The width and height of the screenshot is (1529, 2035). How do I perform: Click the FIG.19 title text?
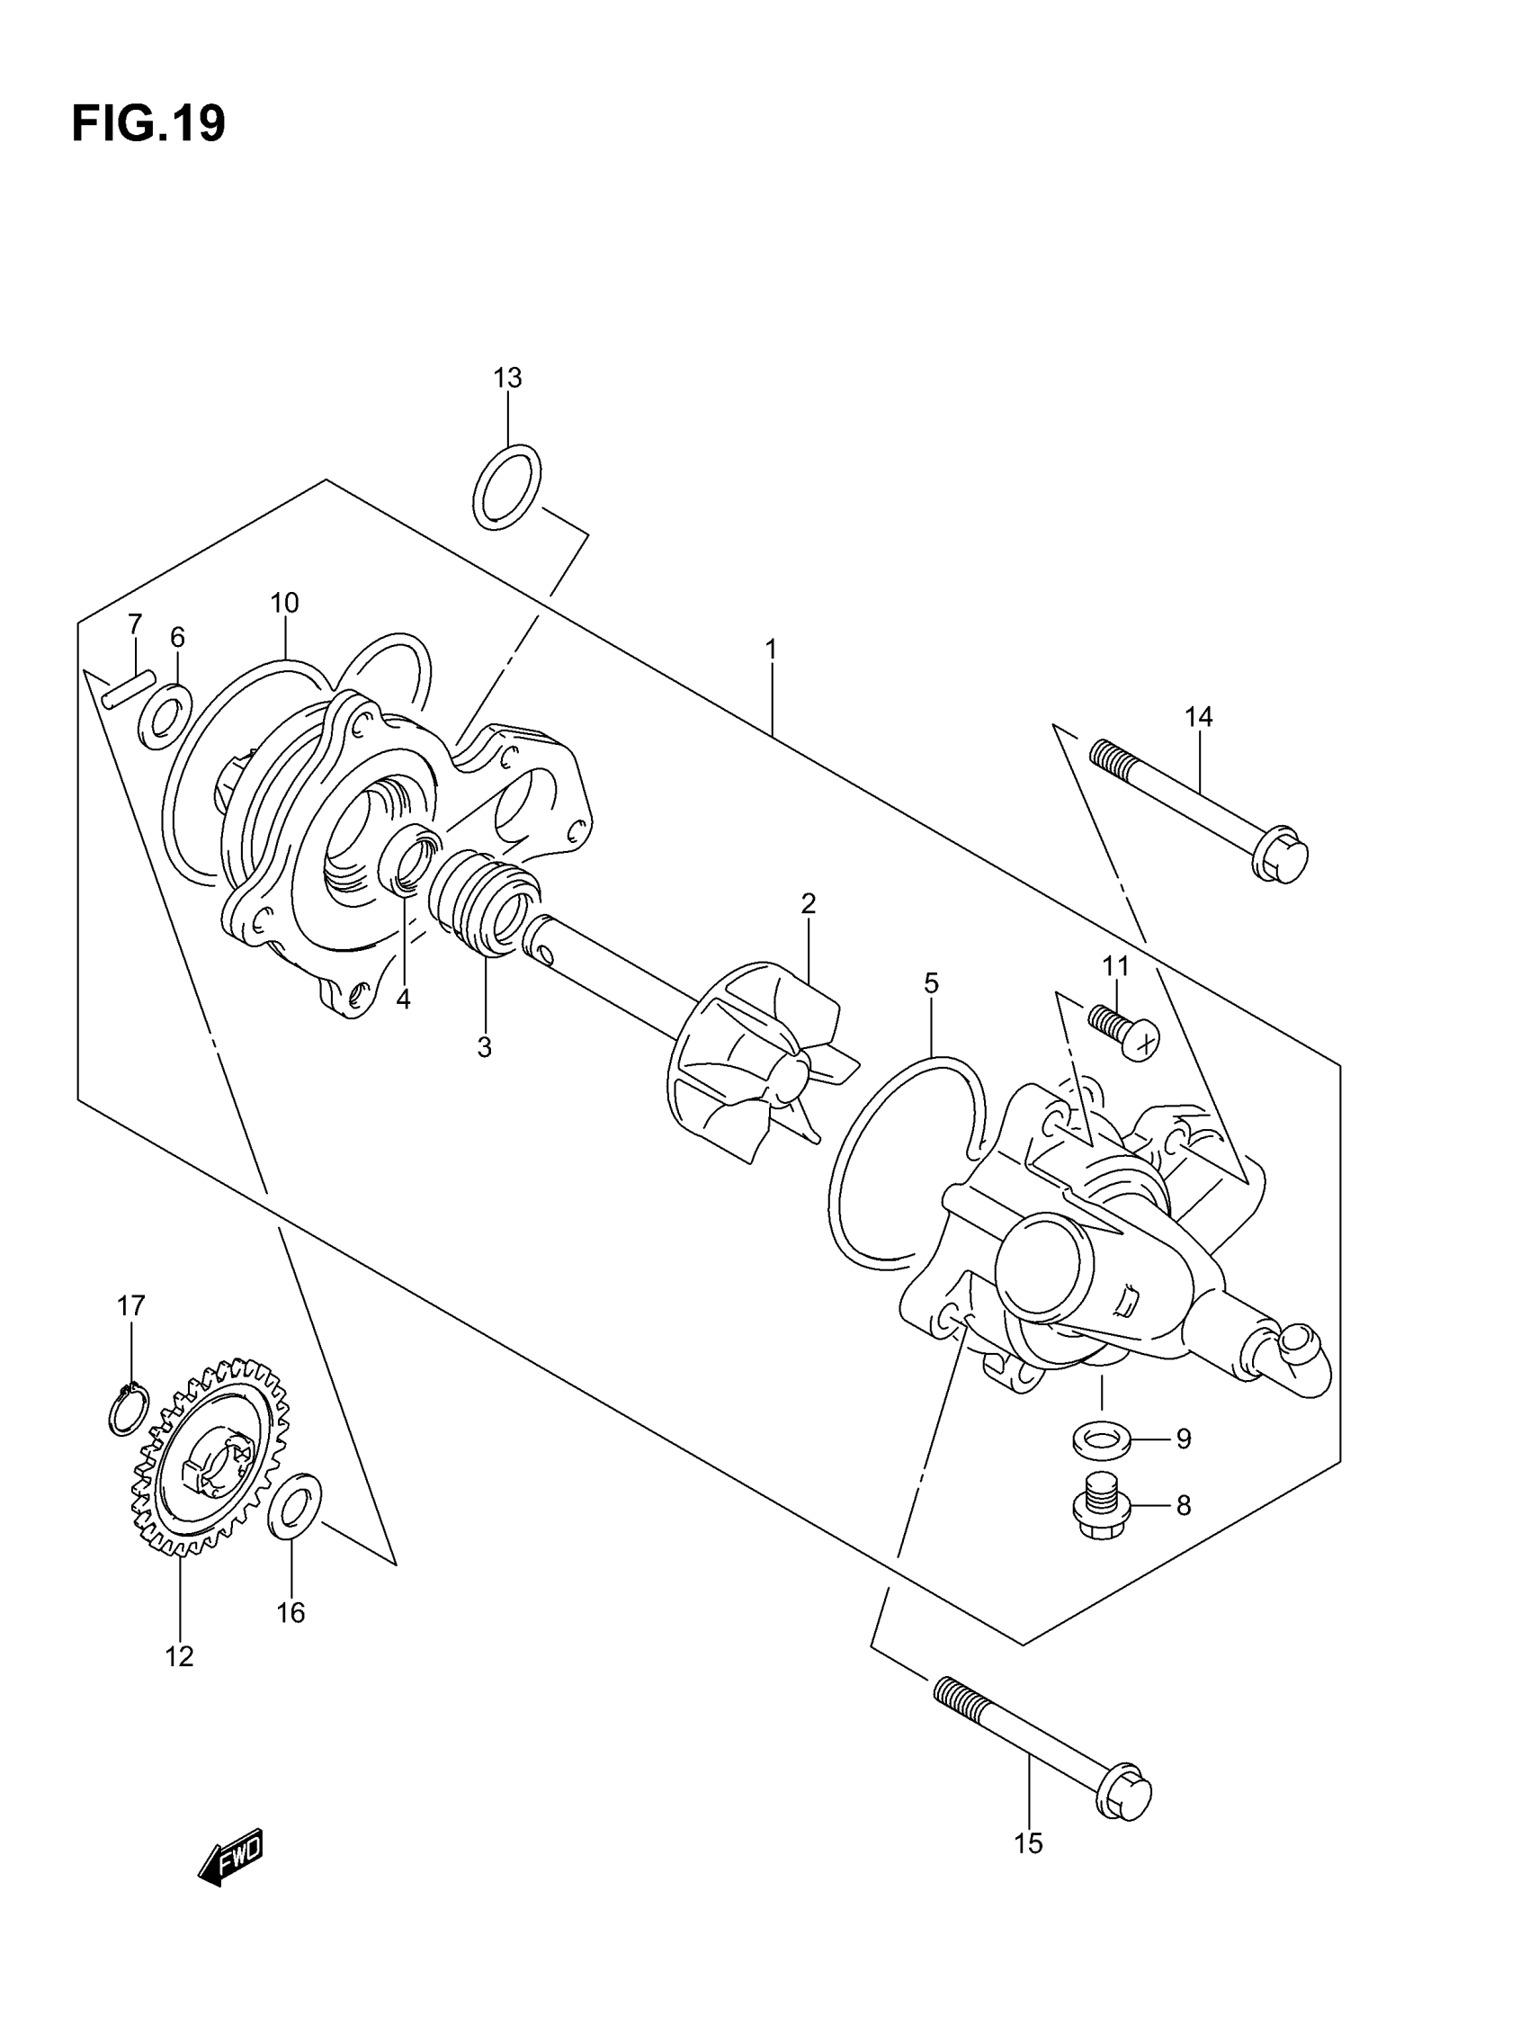tap(148, 123)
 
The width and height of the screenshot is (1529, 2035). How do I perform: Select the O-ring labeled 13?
tap(506, 487)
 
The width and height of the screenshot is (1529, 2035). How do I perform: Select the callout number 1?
tap(771, 650)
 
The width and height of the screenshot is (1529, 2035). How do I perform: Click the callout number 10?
tap(284, 604)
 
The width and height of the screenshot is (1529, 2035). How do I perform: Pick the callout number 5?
tap(931, 983)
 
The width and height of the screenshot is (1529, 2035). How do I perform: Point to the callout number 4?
tap(403, 1000)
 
